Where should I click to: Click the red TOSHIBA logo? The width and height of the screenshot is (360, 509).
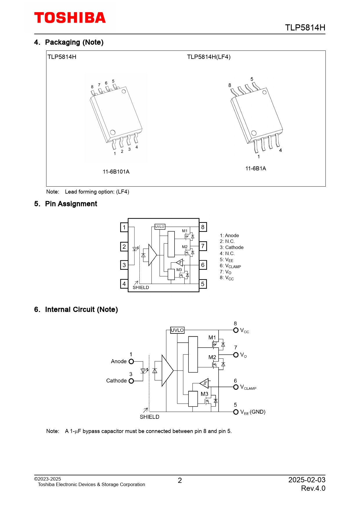coord(70,18)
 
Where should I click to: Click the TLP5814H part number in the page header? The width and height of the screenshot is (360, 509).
coord(305,28)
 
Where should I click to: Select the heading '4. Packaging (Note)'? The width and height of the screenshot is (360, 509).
coord(69,42)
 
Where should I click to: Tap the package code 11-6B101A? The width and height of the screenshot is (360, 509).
coord(116,172)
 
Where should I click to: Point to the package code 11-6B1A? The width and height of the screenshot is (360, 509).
coord(256,168)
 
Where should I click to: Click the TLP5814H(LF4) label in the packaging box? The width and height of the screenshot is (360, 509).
coord(209,57)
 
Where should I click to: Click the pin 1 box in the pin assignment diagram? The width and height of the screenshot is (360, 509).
coord(124,227)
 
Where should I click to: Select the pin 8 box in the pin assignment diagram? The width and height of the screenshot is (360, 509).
coord(203,227)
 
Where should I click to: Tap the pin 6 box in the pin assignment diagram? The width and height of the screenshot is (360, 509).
coord(203,265)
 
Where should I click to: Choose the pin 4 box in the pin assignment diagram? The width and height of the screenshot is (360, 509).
coord(124,284)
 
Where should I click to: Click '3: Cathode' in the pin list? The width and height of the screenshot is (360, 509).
coord(232,247)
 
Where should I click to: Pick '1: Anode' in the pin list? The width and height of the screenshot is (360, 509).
coord(229,235)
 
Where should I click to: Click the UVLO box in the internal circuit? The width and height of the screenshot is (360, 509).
coord(177,330)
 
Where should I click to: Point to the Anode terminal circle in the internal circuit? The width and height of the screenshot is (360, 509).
coord(131,361)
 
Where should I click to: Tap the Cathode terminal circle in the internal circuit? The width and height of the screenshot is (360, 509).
coord(131,381)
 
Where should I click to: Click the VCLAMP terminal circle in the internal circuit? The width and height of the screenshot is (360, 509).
coord(236,387)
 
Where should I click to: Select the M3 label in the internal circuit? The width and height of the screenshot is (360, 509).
coord(204,394)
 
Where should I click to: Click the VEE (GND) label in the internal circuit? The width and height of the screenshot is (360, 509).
coord(253,412)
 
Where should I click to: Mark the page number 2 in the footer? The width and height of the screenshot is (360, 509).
coord(180,481)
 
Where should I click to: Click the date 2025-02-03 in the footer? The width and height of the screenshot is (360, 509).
coord(307,480)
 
